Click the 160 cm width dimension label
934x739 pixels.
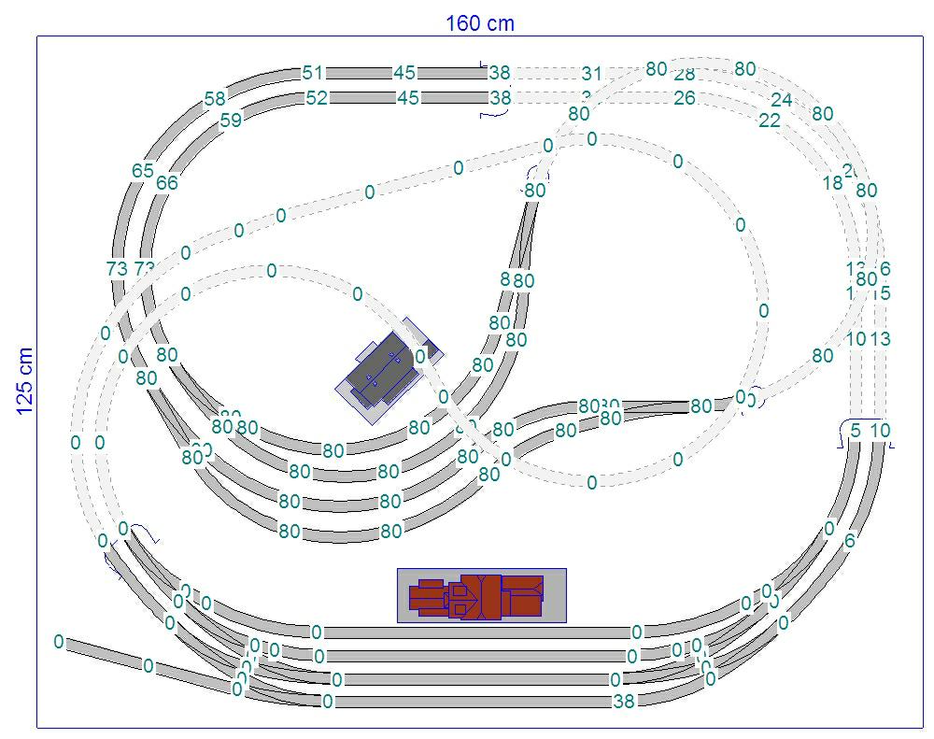(x=479, y=23)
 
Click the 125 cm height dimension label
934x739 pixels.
(x=25, y=380)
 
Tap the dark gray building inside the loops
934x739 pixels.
(x=382, y=369)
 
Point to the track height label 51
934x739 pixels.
(x=313, y=73)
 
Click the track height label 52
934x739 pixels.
(x=317, y=97)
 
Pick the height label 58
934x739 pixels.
(x=215, y=99)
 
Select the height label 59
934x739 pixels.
(x=231, y=120)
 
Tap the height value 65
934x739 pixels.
(x=143, y=171)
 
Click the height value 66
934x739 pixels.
(x=166, y=183)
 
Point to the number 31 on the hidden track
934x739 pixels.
(x=592, y=73)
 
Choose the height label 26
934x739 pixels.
(x=685, y=97)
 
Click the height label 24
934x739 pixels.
(x=782, y=100)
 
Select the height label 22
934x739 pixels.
(x=770, y=121)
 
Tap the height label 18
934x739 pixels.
(x=833, y=184)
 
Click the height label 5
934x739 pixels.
(x=856, y=431)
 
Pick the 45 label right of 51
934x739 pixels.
(x=404, y=73)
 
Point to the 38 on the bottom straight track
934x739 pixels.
(x=624, y=702)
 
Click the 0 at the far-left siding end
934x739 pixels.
(x=59, y=642)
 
